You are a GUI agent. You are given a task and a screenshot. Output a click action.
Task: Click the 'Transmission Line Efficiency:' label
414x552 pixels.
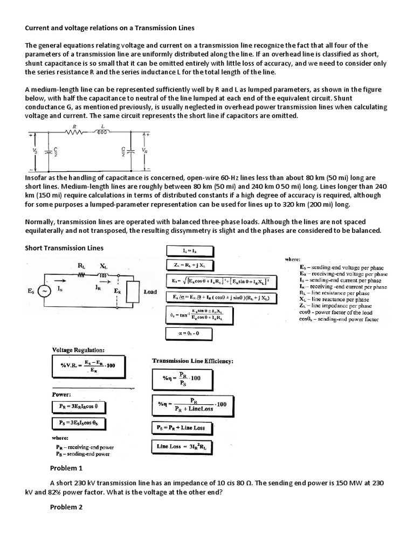pos(192,361)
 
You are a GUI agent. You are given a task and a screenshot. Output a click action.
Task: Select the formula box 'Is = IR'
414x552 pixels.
pos(190,251)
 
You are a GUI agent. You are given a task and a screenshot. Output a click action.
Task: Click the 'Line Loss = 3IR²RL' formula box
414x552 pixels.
pos(184,446)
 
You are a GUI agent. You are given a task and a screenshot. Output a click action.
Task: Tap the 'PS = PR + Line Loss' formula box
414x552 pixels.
pos(184,427)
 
